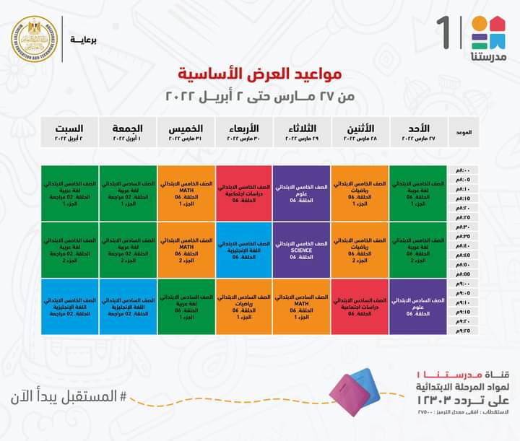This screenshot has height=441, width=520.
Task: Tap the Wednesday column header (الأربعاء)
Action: tap(244, 131)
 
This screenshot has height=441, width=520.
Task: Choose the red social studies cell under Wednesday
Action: tap(244, 191)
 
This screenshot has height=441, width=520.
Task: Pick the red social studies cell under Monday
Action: tap(360, 307)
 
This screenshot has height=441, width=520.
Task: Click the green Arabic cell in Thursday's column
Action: tap(186, 307)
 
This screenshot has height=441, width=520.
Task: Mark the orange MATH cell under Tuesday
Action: tap(302, 307)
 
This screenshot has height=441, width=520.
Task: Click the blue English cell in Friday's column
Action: tap(128, 307)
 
